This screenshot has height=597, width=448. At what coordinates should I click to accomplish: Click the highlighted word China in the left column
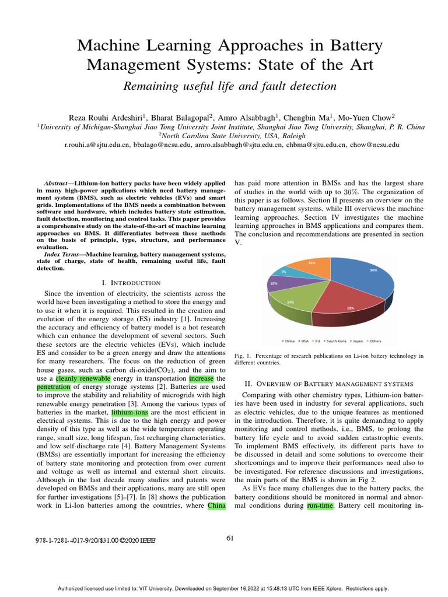(216, 505)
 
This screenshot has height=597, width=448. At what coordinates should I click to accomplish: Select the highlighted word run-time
(320, 505)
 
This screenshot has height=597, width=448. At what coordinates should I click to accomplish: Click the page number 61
(230, 538)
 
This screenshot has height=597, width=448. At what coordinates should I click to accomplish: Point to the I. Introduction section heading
(131, 282)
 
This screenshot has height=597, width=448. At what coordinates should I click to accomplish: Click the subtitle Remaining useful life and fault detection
(229, 86)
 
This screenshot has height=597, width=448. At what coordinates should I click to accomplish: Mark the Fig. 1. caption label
(243, 356)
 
